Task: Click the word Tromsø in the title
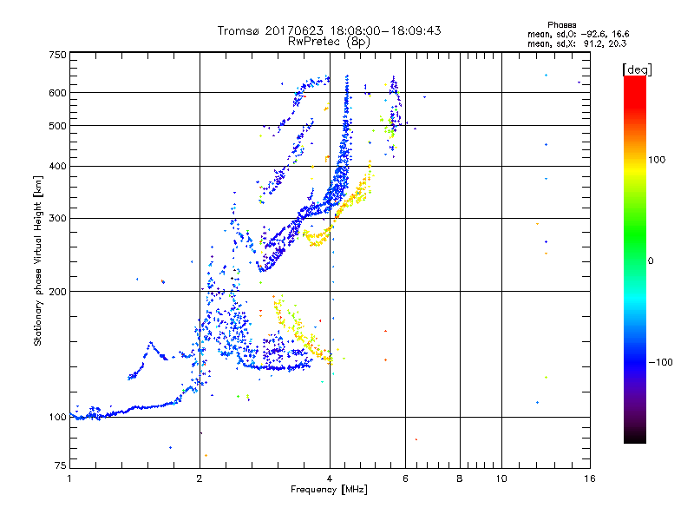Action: click(237, 30)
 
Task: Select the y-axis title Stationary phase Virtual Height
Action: click(38, 261)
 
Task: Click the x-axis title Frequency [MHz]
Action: click(330, 491)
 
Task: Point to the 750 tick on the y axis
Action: click(57, 55)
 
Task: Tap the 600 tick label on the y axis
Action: click(57, 93)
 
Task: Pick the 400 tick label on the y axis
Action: click(57, 167)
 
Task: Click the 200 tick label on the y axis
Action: click(57, 292)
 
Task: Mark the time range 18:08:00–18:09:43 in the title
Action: click(386, 30)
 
